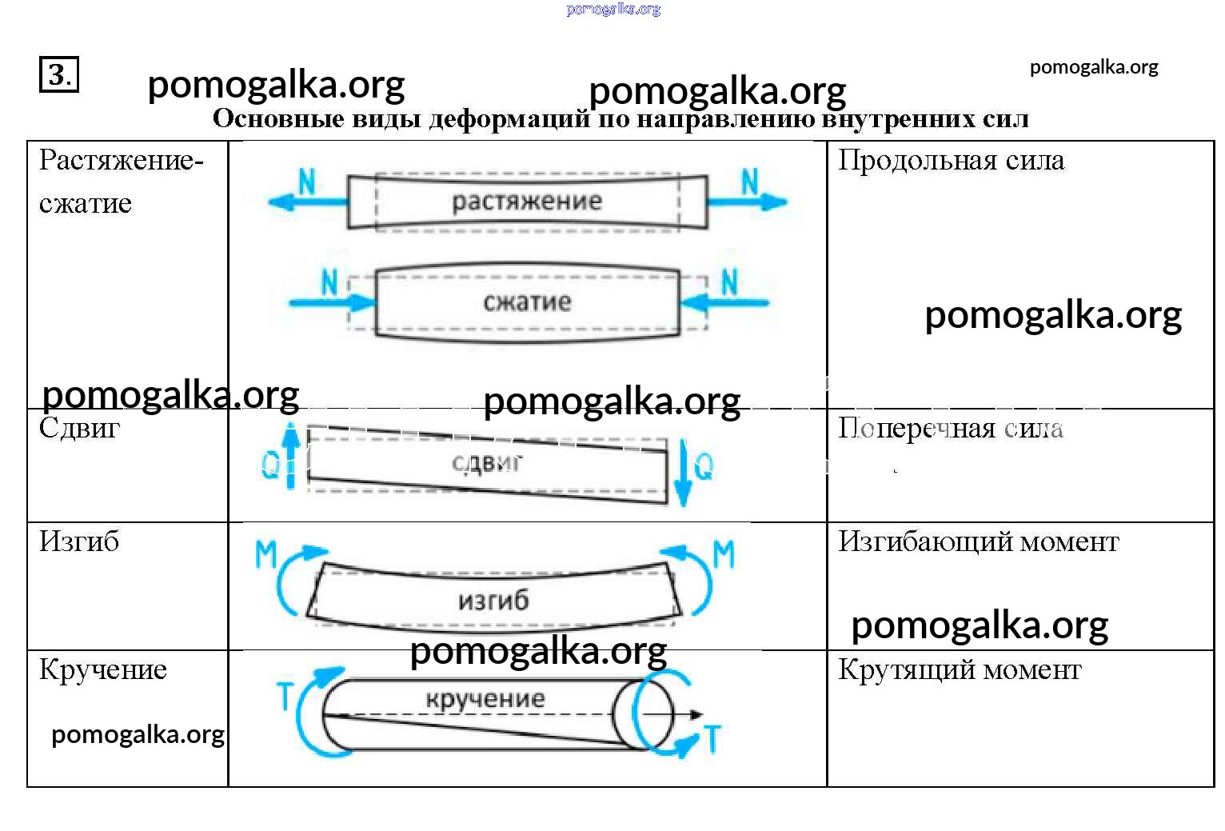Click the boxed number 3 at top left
59,74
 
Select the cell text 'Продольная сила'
951,161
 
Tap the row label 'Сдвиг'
79,429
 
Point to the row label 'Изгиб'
79,542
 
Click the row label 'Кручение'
103,669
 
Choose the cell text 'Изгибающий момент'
978,542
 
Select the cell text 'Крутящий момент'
960,669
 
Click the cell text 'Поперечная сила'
950,429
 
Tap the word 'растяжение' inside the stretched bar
527,202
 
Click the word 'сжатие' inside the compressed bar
527,302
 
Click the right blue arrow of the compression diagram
724,302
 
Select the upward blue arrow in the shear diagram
291,456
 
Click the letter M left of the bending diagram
265,554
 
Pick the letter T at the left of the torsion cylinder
285,695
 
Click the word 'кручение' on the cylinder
485,699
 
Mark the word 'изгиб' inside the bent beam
493,600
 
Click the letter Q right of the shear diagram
704,465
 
